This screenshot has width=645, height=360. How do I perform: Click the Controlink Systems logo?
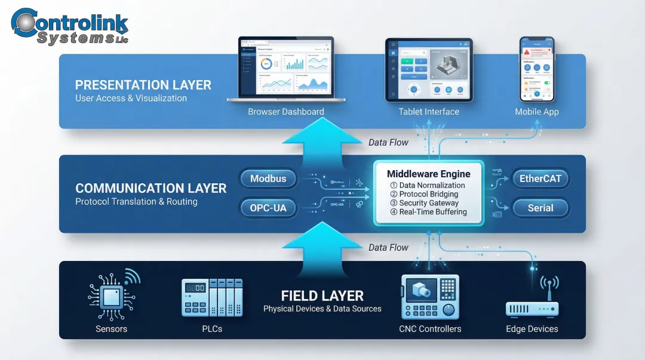[70, 26]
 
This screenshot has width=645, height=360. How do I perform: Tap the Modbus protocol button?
[268, 179]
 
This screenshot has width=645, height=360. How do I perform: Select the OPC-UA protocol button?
[268, 208]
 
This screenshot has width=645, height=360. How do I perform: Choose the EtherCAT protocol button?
[540, 179]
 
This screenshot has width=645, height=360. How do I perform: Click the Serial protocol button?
[540, 208]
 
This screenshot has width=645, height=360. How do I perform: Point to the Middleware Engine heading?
[428, 174]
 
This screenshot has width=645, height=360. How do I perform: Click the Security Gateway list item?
[428, 203]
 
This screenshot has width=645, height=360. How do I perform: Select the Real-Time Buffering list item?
[428, 212]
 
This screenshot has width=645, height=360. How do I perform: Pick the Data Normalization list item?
[428, 186]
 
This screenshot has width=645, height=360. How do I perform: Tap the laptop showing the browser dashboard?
[286, 70]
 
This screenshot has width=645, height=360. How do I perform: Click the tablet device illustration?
[429, 70]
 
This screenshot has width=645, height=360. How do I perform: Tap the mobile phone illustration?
[536, 69]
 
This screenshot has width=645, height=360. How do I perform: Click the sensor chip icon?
[112, 296]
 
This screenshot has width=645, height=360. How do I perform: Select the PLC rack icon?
[212, 297]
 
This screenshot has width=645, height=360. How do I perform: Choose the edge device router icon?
[532, 301]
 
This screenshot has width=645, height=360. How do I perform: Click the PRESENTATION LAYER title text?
[143, 85]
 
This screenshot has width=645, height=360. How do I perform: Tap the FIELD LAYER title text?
[322, 296]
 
